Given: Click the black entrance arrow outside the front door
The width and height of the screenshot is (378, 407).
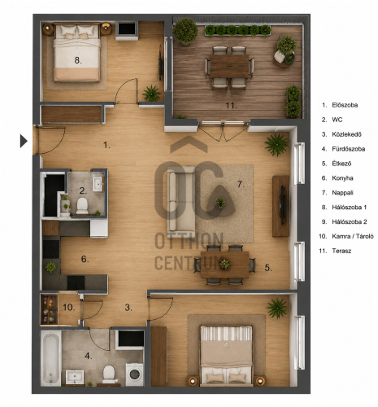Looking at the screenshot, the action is click(24, 141).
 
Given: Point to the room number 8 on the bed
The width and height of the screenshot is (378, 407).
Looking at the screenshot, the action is click(78, 60).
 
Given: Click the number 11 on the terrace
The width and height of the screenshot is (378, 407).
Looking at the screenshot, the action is click(231, 106).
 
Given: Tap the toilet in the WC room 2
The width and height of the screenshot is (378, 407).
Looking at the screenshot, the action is click(82, 205).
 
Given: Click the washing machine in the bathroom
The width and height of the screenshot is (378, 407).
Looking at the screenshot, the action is click(134, 374).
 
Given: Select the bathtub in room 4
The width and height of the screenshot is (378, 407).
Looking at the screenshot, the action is click(50, 358).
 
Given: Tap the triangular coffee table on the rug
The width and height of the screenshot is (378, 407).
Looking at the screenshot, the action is click(220, 202).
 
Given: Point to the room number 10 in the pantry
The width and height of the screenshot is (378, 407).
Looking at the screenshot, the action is click(69, 308).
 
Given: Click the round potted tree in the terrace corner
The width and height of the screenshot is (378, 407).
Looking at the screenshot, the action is click(185, 31).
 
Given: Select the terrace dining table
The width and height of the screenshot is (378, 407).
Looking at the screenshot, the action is click(229, 66).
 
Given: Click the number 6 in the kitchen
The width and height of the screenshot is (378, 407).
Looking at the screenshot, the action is click(85, 259).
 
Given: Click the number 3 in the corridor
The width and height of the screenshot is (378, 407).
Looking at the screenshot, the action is click(128, 308).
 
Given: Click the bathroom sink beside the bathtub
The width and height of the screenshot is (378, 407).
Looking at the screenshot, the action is click(75, 377).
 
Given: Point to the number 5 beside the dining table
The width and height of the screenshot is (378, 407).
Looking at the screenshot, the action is click(268, 268).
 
